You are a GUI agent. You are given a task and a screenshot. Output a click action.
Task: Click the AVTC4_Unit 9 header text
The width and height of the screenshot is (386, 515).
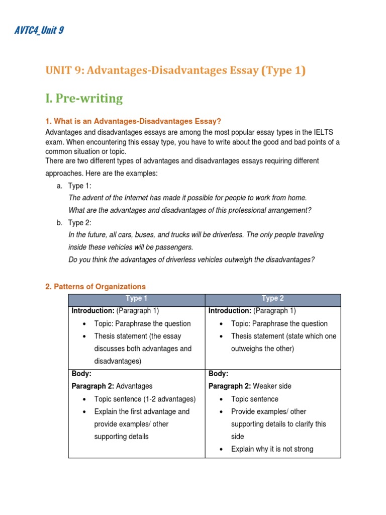point(38,31)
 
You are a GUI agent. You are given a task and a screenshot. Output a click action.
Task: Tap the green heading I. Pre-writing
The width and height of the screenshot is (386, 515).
point(84,98)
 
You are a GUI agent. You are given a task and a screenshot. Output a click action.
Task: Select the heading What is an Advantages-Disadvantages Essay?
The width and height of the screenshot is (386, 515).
point(133,121)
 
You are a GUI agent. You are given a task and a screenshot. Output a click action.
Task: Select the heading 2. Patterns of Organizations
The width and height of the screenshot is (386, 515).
point(95,287)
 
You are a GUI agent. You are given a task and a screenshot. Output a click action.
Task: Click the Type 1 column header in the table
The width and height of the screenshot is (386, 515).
point(136,298)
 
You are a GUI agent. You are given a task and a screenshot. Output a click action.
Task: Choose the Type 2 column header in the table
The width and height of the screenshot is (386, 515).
point(273,298)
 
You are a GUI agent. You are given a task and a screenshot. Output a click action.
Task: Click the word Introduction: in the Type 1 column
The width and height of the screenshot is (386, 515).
point(93,311)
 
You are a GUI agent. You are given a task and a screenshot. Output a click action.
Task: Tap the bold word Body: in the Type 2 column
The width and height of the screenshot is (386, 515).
point(218,374)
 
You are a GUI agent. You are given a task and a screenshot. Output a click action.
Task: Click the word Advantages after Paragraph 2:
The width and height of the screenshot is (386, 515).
point(134,386)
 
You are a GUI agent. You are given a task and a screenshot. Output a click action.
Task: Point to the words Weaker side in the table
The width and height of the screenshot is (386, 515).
point(272,386)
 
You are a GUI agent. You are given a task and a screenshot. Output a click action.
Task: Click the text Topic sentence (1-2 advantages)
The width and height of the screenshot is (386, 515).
point(145,399)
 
